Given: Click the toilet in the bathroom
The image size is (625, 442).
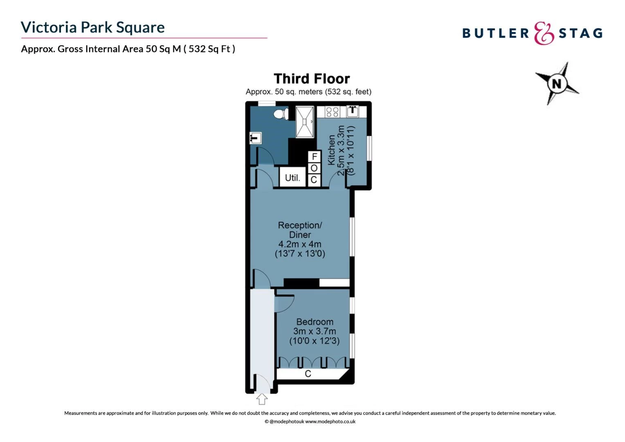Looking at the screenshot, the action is coord(281,114).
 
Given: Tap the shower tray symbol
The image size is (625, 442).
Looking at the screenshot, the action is coord(304,122).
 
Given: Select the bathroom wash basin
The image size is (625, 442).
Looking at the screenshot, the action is coord(255,138).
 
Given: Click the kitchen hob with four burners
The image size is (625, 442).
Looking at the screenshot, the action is coord(332,112).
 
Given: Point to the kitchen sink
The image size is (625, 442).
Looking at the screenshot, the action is coord(353,112).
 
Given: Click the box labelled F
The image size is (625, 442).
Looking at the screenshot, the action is coord(315,157).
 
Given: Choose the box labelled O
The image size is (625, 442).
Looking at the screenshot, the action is coord(315,168).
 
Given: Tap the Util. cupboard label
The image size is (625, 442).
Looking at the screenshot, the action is coord(292,178).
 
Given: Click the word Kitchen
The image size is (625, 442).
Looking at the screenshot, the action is coord(331,150).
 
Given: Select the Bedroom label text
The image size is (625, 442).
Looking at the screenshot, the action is coord(315,322).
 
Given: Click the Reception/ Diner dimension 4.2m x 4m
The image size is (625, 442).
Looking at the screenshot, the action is coord(300,244).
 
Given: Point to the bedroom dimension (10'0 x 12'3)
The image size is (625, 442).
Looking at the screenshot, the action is coord(315,341).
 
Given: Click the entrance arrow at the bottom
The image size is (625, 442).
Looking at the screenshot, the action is coord(262,399).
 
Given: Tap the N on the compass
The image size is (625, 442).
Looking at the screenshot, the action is coord(557,83).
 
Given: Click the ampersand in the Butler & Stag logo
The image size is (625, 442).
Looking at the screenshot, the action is coord(544,33).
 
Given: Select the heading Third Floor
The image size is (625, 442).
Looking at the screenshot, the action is coord(312,79).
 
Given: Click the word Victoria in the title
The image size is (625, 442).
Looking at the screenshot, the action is coord(49,27).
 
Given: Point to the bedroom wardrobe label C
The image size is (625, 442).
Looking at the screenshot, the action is coord(308,374).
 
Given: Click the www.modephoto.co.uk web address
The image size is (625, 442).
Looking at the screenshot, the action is coord(330,422).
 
